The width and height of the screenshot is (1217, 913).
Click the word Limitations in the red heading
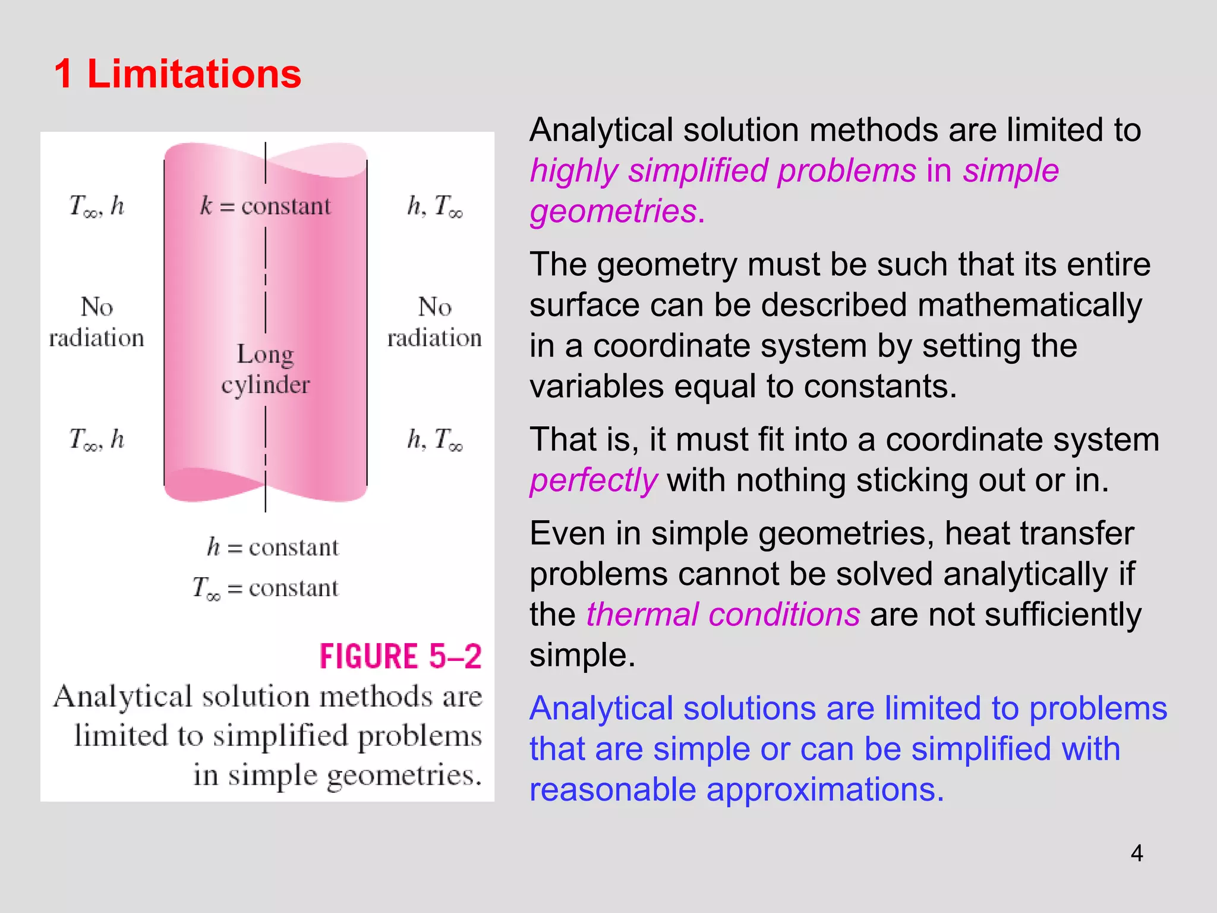(x=194, y=74)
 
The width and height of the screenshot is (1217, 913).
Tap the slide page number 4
(x=1136, y=854)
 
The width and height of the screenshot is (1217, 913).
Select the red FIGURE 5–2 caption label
(x=401, y=657)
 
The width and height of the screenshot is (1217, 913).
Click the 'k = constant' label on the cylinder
(x=265, y=206)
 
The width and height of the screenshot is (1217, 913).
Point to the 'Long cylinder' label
(x=265, y=369)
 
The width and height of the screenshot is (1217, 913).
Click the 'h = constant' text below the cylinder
(x=273, y=547)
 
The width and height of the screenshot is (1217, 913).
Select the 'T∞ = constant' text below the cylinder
(x=265, y=588)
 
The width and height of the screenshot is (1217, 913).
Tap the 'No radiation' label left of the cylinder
(x=96, y=322)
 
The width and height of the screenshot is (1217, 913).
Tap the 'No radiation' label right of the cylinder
(x=434, y=322)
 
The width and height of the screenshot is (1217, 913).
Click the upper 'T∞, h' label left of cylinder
(x=96, y=206)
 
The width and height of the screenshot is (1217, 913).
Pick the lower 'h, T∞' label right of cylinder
(x=434, y=440)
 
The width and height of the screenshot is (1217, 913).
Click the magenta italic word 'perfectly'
(x=593, y=480)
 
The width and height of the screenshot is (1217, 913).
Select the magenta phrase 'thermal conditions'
(x=723, y=615)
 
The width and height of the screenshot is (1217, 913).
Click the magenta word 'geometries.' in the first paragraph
(x=617, y=212)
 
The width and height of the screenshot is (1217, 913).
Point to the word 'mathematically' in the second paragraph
(x=1029, y=306)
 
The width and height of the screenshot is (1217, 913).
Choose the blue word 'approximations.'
(x=825, y=789)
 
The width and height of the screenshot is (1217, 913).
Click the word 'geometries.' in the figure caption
(x=403, y=775)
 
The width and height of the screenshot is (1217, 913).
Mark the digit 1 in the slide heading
(x=63, y=74)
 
